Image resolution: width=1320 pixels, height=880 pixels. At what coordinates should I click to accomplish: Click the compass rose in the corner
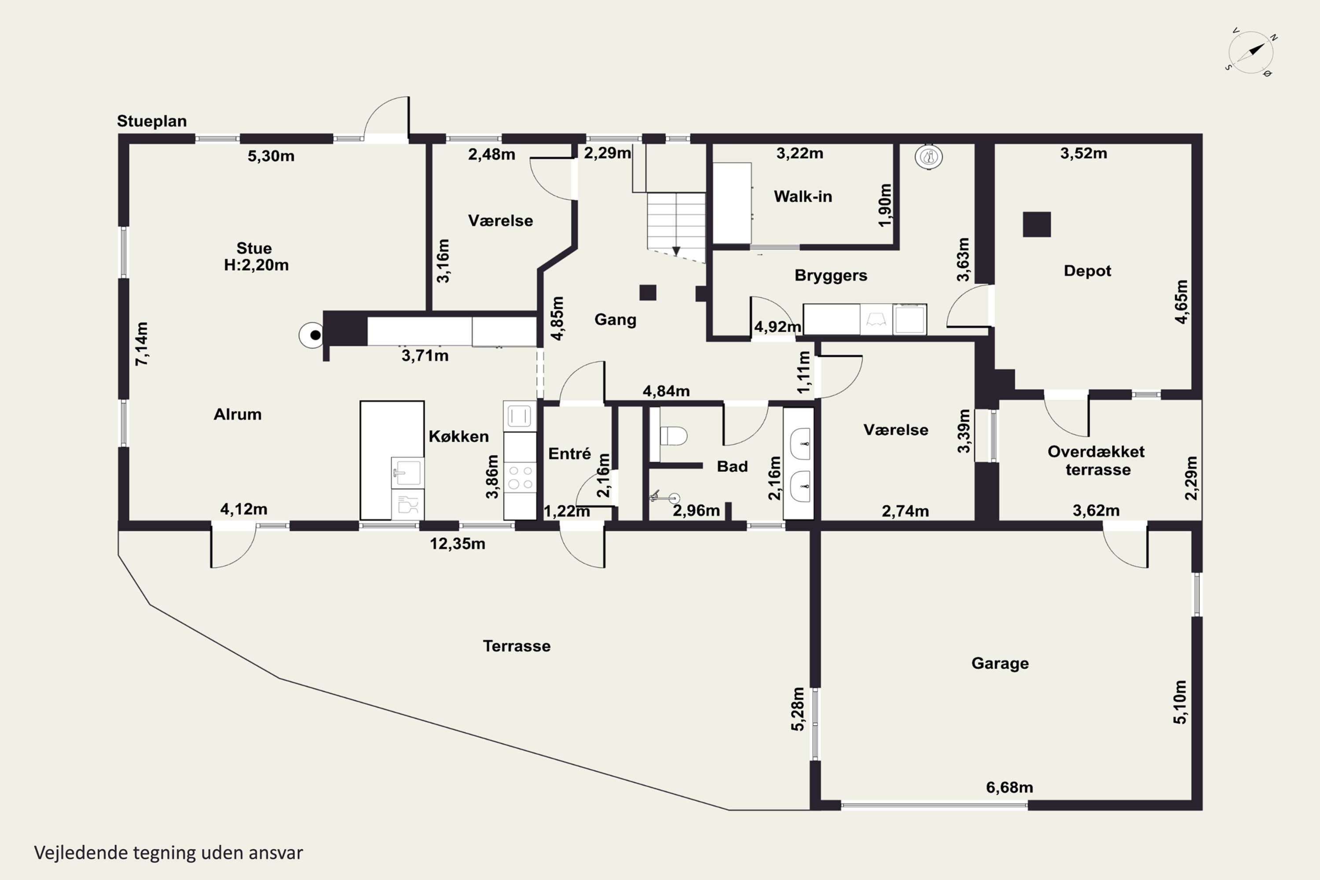[1250, 52]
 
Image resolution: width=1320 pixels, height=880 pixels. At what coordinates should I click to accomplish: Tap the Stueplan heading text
[151, 121]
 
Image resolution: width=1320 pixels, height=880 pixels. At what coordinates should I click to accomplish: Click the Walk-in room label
[803, 196]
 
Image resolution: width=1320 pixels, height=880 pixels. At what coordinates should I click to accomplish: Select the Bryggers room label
[831, 275]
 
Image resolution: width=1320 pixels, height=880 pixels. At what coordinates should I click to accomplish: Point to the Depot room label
[1087, 271]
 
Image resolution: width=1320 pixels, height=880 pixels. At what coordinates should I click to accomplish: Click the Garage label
[1000, 664]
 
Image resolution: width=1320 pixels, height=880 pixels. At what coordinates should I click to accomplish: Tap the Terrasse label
[516, 646]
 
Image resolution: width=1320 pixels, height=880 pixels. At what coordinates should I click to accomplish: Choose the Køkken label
[458, 436]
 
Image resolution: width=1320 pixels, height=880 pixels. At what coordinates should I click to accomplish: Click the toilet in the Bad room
[673, 436]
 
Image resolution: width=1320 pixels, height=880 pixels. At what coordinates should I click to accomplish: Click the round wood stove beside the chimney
[312, 335]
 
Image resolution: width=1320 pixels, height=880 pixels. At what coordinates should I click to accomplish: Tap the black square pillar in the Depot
[1037, 224]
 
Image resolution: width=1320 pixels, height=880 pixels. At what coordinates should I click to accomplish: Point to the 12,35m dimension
[458, 544]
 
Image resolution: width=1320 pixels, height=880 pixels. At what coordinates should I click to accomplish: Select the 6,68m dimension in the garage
[1009, 788]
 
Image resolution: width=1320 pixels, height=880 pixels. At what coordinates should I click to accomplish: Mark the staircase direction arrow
[676, 251]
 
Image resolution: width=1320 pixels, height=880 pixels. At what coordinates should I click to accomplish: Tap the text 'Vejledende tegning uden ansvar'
[169, 853]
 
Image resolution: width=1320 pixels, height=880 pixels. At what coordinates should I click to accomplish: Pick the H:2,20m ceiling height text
[256, 265]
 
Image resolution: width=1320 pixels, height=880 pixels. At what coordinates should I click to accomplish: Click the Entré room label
[569, 454]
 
